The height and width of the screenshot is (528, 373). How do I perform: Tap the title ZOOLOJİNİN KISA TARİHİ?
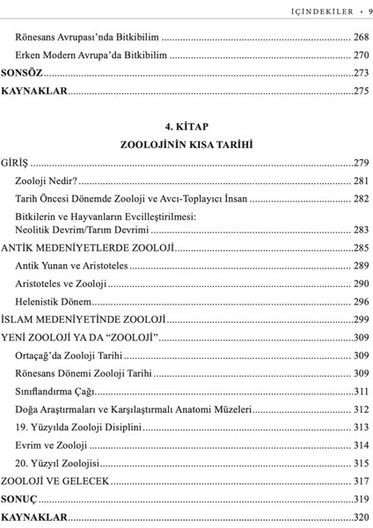pos(186,144)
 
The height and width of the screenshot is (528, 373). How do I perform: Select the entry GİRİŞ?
pos(15,163)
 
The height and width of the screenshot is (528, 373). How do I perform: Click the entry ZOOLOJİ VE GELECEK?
pos(54,481)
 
